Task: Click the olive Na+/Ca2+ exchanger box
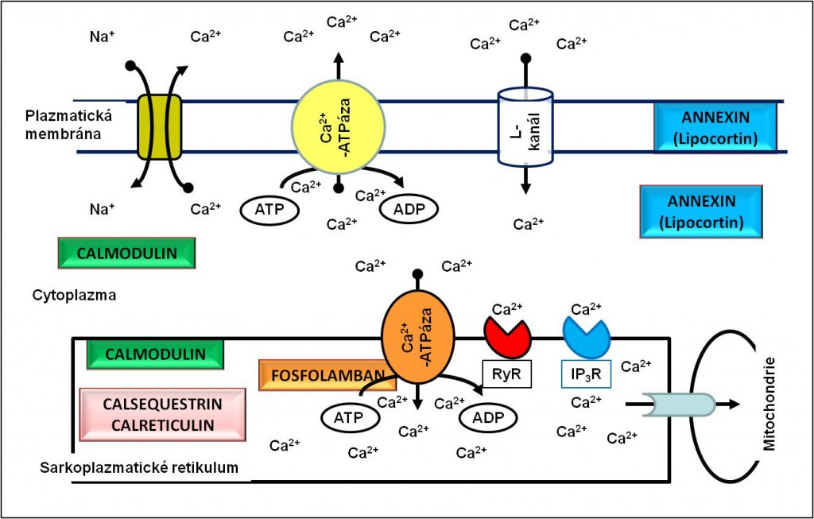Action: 159,126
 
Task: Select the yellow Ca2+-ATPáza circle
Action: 339,126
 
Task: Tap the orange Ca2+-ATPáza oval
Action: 418,339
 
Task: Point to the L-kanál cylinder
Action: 525,126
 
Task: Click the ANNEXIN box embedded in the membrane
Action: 715,127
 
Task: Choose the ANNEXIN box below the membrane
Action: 701,211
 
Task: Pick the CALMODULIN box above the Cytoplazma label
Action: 126,254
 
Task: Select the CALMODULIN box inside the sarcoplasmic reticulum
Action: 155,354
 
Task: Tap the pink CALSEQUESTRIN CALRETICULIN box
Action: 162,414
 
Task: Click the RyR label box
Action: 506,374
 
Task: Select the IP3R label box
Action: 586,374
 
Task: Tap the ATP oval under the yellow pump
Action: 269,210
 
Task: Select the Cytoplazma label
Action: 74,296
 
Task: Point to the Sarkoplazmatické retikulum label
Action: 139,467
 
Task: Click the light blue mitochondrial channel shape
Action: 679,405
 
